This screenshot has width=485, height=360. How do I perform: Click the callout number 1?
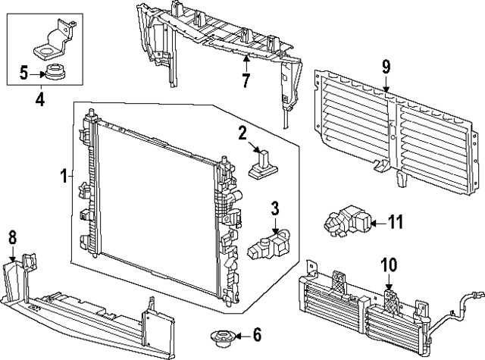[x=64, y=177]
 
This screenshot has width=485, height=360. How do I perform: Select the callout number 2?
[x=243, y=134]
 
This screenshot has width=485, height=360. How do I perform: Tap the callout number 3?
[x=275, y=208]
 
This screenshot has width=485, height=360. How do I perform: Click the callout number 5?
[x=23, y=73]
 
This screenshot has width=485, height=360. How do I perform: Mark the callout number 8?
[x=12, y=236]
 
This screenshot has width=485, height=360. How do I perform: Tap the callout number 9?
[x=386, y=66]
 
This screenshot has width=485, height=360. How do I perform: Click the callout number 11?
[x=396, y=222]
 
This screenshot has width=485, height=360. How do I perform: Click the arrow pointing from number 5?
[x=36, y=73]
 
